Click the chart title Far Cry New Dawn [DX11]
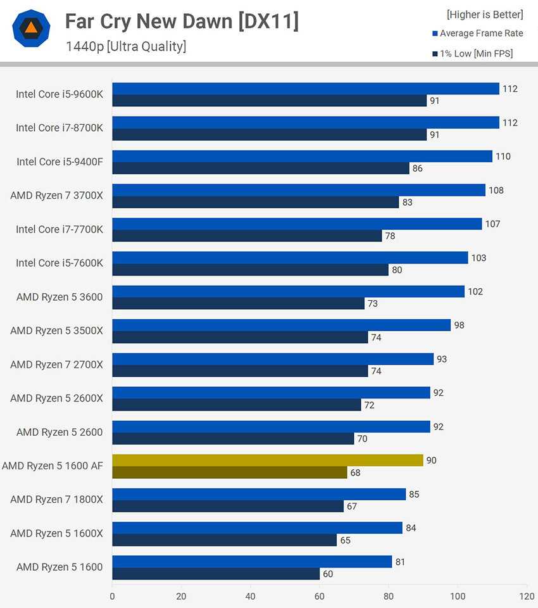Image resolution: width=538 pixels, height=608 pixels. (182, 22)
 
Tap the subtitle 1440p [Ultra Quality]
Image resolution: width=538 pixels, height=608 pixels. (125, 46)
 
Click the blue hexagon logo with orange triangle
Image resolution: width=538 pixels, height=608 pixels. (31, 28)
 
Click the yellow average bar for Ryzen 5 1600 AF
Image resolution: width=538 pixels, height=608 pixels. (268, 460)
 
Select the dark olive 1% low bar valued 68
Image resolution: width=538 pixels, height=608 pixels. (230, 472)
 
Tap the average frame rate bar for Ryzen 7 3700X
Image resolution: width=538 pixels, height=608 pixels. (299, 190)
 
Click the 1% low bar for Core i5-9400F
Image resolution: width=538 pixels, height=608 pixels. (261, 168)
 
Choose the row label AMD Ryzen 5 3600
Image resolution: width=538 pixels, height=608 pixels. (56, 297)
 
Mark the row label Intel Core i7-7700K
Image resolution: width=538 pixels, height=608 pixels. (59, 229)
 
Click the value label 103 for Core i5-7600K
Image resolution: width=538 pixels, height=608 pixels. (479, 258)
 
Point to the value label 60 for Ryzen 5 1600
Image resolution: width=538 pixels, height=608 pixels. (328, 574)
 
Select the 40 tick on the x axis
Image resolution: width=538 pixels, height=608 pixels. (250, 596)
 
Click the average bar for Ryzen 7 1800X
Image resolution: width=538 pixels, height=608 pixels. (259, 494)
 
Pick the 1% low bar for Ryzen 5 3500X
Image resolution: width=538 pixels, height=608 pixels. (240, 338)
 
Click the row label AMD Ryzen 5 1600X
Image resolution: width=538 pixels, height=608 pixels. (56, 533)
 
